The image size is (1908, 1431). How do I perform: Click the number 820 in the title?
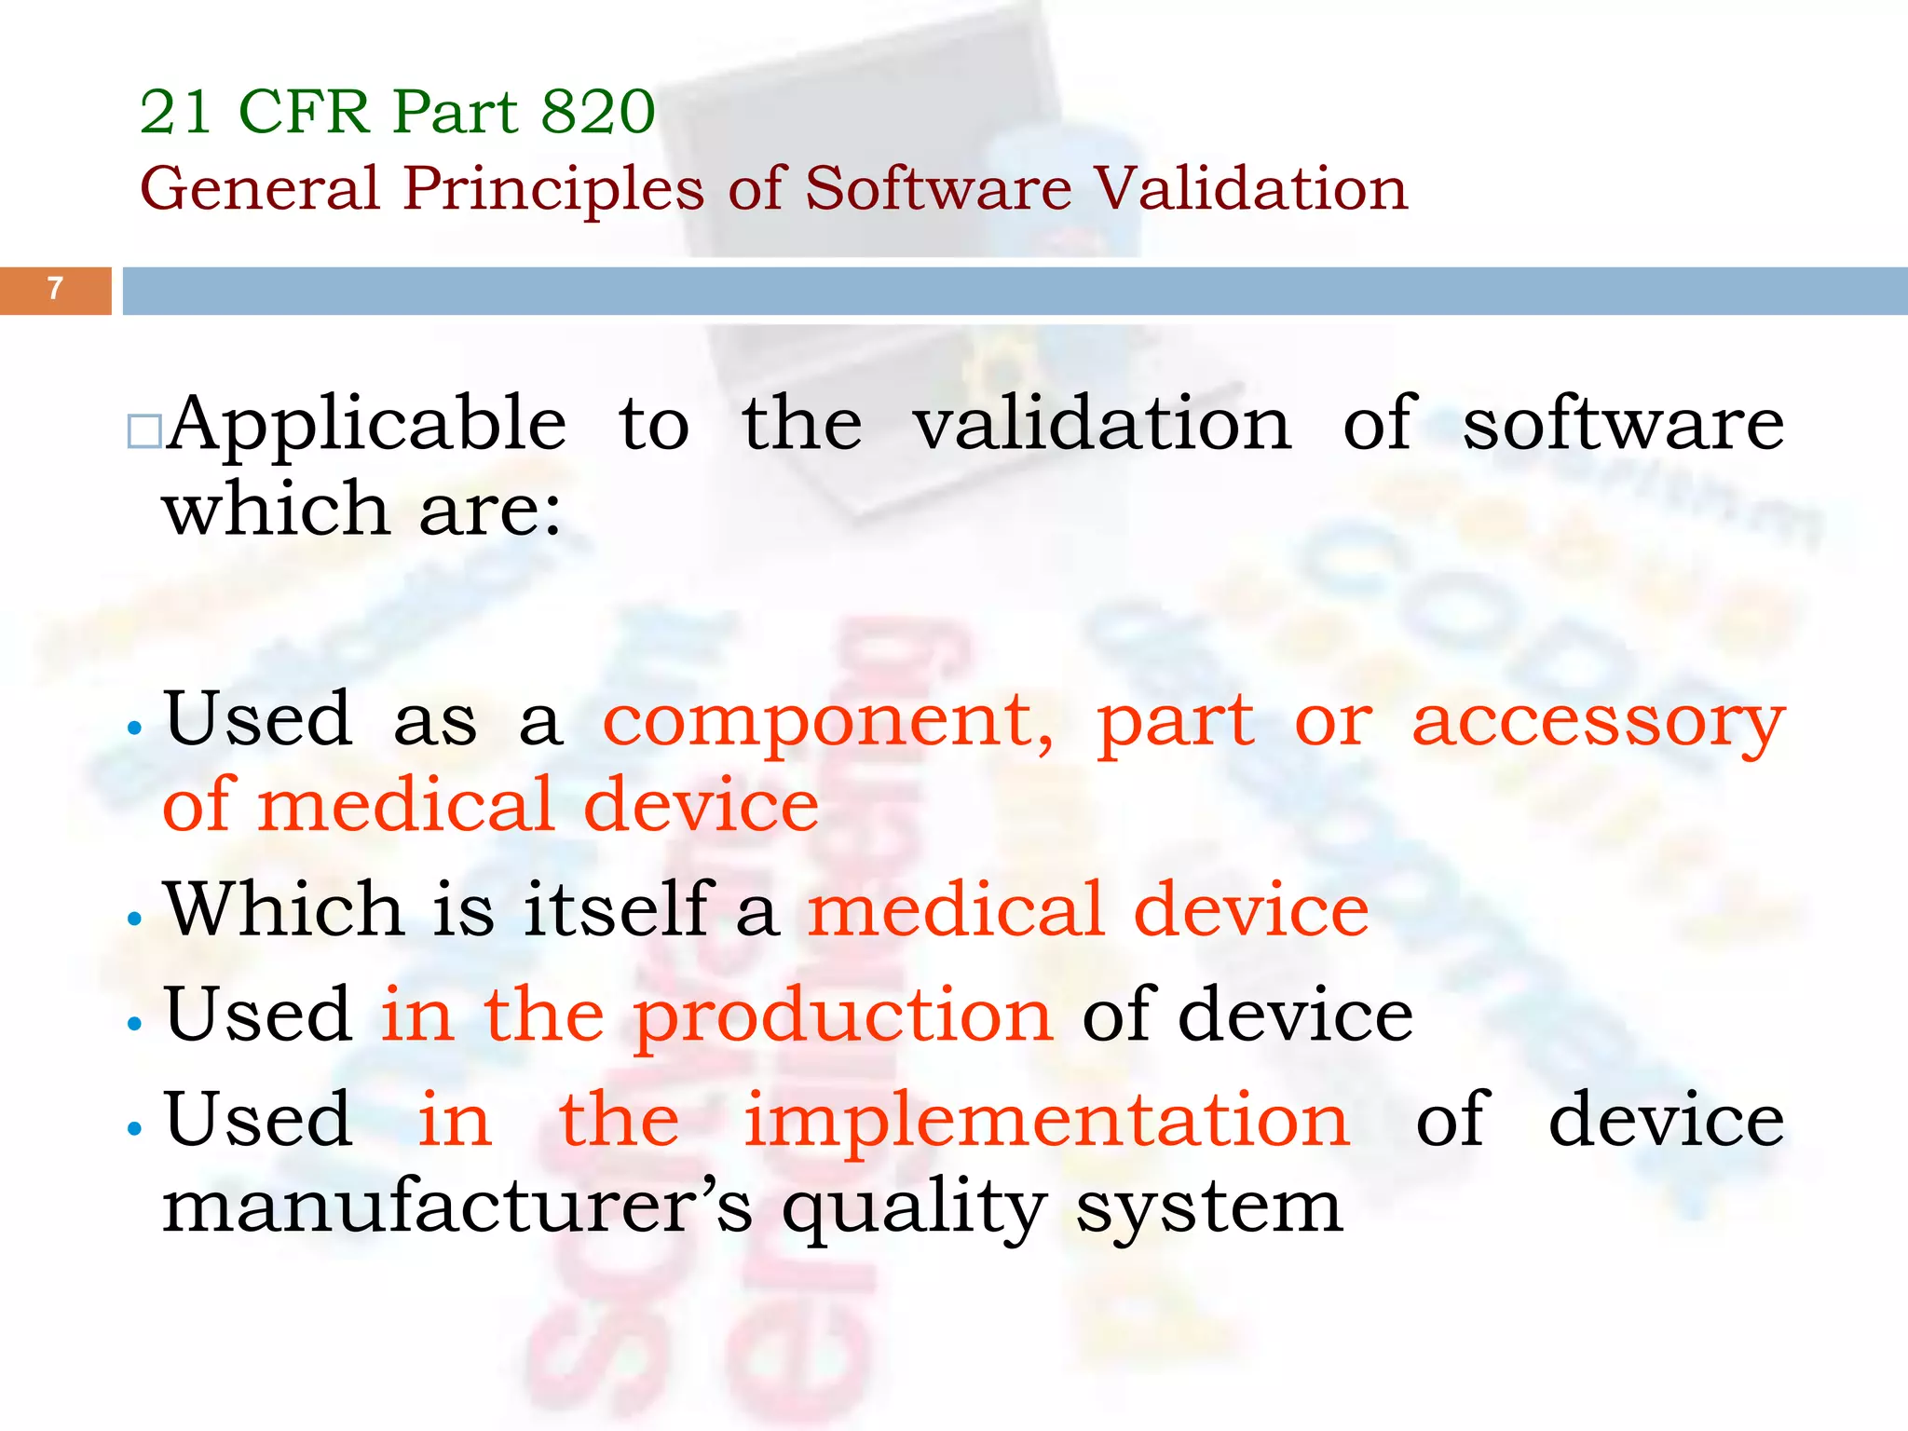pos(598,112)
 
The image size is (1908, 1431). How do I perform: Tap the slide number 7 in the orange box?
pos(55,289)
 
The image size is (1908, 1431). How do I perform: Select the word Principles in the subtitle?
pos(553,189)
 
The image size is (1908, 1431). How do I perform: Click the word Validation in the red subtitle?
pos(1250,189)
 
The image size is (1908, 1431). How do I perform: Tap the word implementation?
pos(1046,1120)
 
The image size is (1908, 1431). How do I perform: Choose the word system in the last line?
pos(1209,1209)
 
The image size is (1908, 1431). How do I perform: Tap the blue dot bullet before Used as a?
pos(136,729)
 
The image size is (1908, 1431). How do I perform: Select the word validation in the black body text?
pos(1102,425)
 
